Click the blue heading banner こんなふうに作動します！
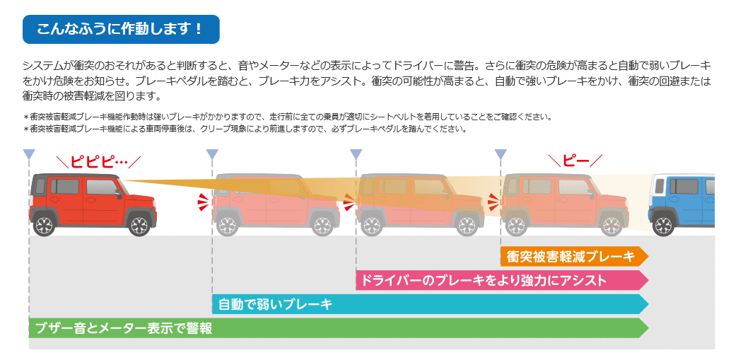click(121, 29)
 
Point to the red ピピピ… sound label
click(99, 161)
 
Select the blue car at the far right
click(682, 202)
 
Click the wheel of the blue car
click(664, 226)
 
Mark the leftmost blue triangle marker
click(29, 154)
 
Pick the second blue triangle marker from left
click(212, 154)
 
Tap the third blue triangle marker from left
click(356, 154)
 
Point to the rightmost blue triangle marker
click(501, 154)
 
